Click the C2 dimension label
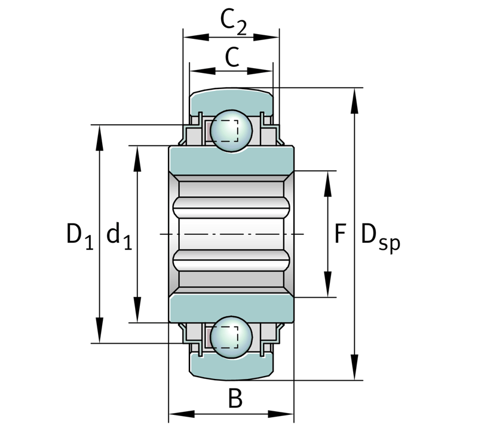[233, 23]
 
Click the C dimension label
[232, 57]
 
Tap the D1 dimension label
[79, 236]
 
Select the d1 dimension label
[119, 236]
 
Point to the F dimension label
[340, 233]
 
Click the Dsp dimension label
[380, 237]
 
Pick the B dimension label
[235, 398]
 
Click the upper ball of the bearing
[231, 130]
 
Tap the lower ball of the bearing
[231, 337]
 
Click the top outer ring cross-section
[231, 100]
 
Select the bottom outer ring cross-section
[231, 368]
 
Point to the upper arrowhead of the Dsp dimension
[354, 100]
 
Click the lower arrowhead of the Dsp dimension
[354, 367]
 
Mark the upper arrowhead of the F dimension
[327, 184]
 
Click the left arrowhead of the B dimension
[182, 414]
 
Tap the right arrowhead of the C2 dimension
[266, 37]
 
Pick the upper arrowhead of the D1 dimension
[99, 138]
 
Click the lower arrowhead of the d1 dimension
[137, 310]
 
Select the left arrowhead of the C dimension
[203, 71]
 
